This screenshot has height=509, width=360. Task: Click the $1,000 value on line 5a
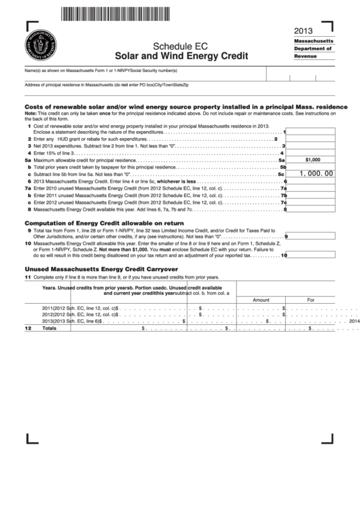[312, 160]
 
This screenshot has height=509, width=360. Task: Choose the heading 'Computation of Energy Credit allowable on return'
[105, 222]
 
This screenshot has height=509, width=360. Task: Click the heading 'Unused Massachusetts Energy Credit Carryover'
[101, 269]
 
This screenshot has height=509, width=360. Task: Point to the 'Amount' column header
[261, 299]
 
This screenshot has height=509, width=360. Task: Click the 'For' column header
[310, 299]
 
